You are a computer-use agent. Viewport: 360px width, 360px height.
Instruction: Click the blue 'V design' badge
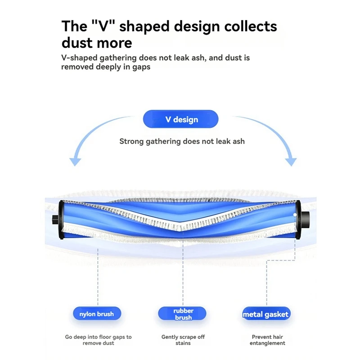point(180,119)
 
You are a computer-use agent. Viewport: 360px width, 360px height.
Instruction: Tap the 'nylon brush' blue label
point(97,314)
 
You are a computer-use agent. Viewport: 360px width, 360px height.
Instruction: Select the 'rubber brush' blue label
point(182,314)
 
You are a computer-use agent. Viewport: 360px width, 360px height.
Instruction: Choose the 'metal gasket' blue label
point(266,314)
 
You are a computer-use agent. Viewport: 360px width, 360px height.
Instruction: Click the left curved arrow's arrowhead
point(75,162)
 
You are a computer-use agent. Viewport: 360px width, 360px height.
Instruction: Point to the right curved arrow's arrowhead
point(291,162)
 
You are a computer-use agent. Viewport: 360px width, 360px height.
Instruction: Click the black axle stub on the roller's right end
point(305,220)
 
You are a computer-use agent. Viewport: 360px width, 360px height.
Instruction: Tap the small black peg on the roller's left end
point(55,220)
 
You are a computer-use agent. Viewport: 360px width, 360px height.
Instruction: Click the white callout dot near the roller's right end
point(295,215)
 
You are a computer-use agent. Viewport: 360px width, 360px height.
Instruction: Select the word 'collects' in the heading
point(251,26)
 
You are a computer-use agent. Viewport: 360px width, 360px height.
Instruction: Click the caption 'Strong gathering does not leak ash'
point(182,141)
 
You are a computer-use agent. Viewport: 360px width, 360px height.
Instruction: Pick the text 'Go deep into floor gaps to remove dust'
point(98,340)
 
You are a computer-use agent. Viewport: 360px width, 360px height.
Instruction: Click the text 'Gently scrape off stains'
point(183,340)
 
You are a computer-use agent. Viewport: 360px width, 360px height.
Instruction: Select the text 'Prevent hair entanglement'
point(267,340)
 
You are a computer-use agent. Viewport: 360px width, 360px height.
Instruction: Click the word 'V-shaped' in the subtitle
point(79,58)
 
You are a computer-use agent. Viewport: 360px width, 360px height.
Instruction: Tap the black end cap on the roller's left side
point(61,220)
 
